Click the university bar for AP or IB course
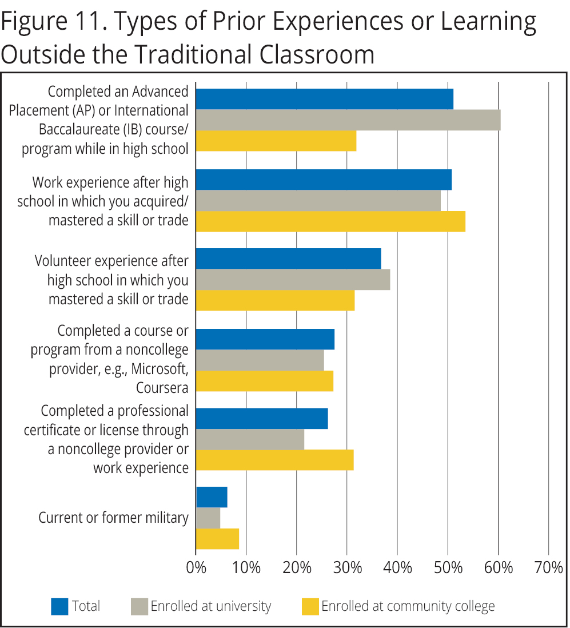[348, 120]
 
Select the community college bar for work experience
[330, 221]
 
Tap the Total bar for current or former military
[212, 497]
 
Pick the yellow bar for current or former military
[217, 539]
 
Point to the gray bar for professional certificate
[250, 439]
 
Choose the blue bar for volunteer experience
[288, 259]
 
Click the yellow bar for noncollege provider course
[264, 381]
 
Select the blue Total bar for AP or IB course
[324, 99]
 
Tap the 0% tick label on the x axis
[196, 569]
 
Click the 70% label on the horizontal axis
[548, 569]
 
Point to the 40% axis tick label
[397, 569]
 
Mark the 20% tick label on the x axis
[297, 569]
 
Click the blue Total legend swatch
[59, 606]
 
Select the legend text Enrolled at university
[210, 606]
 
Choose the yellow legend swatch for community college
[310, 606]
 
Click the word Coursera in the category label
[162, 388]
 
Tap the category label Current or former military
[113, 518]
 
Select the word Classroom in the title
[314, 54]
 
